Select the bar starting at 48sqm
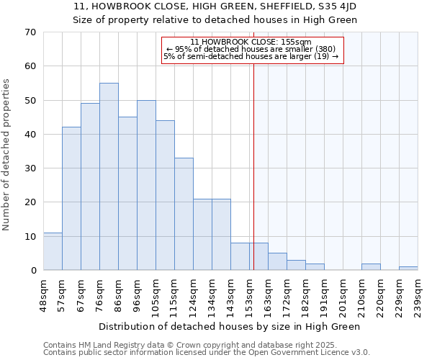(x=53, y=251)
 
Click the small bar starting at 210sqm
(x=371, y=266)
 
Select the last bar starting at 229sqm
(x=408, y=268)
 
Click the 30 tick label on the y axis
(x=30, y=168)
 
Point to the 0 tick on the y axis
(x=32, y=271)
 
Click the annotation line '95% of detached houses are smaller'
(x=251, y=49)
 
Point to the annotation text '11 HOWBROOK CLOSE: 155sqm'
(x=251, y=42)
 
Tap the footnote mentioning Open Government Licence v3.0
(x=206, y=353)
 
